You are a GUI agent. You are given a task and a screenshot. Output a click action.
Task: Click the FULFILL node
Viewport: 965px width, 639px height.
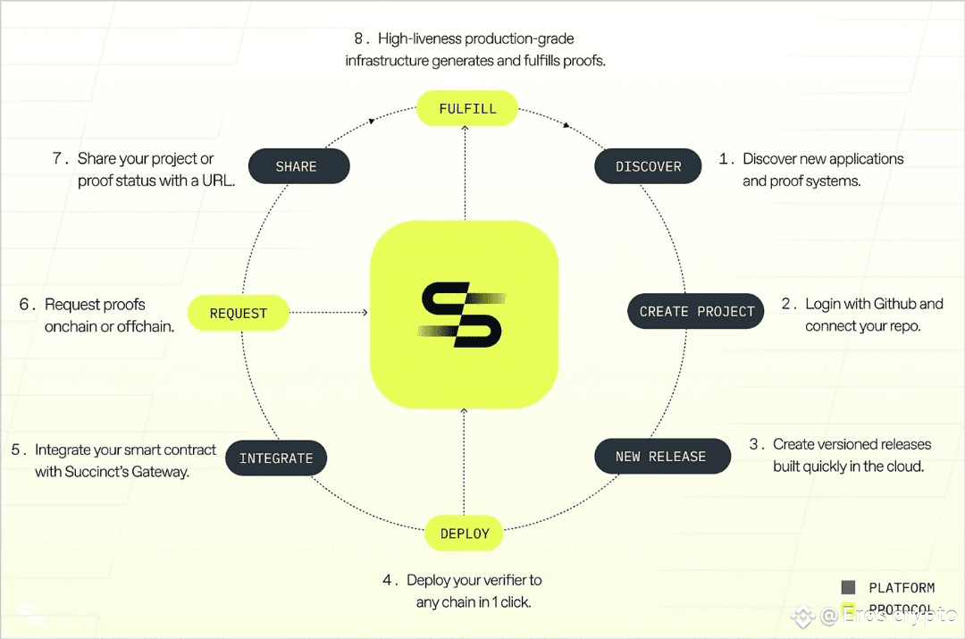(467, 108)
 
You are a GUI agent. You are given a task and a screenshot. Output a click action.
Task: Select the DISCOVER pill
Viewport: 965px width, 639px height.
(648, 166)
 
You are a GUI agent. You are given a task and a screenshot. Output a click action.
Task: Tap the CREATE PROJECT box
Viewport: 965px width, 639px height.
(696, 312)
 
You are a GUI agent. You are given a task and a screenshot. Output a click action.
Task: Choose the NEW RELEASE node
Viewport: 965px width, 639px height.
(662, 456)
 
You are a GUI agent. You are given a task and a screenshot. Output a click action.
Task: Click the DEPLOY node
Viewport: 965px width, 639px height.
(464, 534)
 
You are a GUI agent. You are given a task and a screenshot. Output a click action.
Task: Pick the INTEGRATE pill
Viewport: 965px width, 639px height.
(276, 458)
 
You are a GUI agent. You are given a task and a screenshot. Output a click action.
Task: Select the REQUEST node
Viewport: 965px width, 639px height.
(239, 313)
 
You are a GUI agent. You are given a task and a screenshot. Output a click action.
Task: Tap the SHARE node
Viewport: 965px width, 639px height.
(299, 166)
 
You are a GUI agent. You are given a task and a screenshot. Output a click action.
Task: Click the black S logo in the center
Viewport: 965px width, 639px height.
(462, 315)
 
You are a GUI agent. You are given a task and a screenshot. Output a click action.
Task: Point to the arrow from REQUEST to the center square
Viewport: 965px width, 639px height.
(329, 313)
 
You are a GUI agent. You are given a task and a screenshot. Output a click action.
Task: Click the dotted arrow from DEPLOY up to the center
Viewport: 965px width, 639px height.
(464, 462)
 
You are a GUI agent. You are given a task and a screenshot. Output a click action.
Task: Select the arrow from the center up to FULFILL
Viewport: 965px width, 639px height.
(465, 173)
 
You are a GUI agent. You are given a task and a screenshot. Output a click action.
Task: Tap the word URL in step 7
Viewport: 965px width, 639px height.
(218, 181)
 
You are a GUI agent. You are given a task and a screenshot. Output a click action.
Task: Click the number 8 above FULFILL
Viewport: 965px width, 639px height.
(359, 38)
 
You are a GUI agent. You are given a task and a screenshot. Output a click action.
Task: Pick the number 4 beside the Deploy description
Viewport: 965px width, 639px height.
(387, 580)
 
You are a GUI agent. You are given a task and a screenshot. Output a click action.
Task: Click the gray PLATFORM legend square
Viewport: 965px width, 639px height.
(848, 586)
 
